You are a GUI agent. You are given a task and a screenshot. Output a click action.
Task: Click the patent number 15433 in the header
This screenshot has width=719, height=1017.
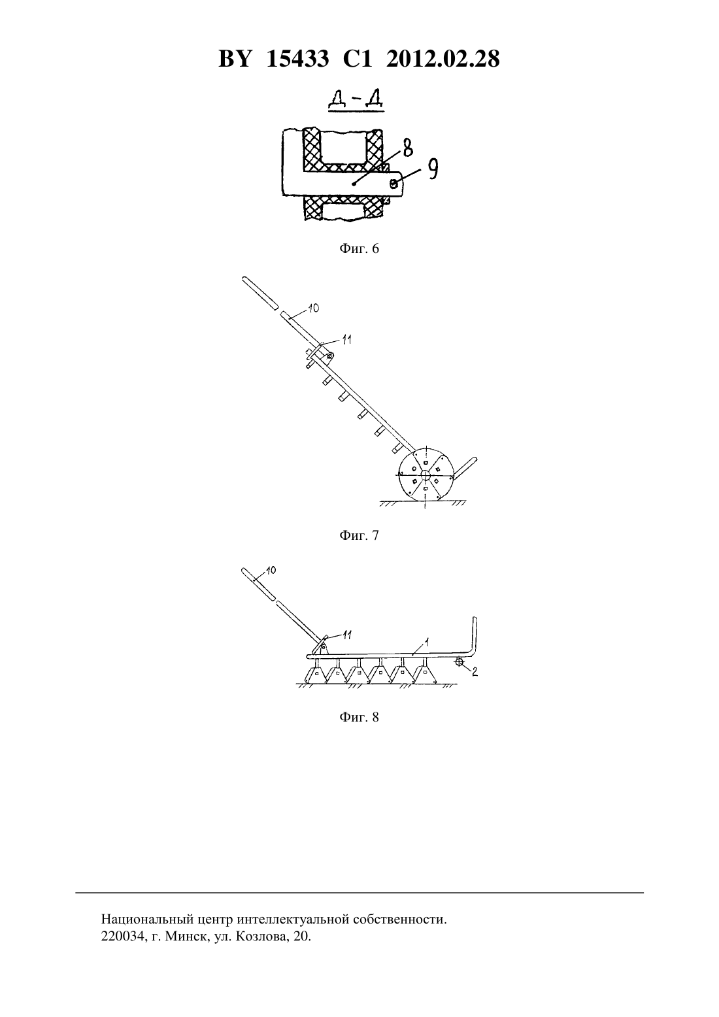tap(297, 59)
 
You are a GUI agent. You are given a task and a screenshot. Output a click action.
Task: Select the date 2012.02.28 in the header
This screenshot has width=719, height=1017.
tap(443, 59)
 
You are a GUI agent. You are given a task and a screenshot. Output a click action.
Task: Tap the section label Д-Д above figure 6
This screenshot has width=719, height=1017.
tap(356, 101)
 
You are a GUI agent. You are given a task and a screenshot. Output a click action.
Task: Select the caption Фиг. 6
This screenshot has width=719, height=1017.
tap(359, 248)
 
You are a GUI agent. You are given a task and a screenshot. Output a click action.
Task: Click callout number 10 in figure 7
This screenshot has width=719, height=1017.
tap(313, 308)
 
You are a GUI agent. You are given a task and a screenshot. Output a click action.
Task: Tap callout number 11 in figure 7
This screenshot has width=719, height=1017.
tap(346, 340)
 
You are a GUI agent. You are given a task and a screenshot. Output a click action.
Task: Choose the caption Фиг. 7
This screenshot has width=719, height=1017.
tap(359, 535)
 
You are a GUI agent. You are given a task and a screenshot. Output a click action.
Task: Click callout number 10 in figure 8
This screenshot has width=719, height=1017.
tap(271, 570)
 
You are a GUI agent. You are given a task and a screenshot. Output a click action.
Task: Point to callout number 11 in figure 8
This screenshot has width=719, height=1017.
tap(346, 635)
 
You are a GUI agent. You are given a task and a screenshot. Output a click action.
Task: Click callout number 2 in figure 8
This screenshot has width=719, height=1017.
tap(475, 671)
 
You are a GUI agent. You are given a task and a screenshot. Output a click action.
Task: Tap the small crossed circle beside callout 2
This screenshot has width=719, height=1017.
tap(460, 663)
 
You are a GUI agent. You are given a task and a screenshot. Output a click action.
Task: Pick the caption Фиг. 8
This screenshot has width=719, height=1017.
tap(359, 717)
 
